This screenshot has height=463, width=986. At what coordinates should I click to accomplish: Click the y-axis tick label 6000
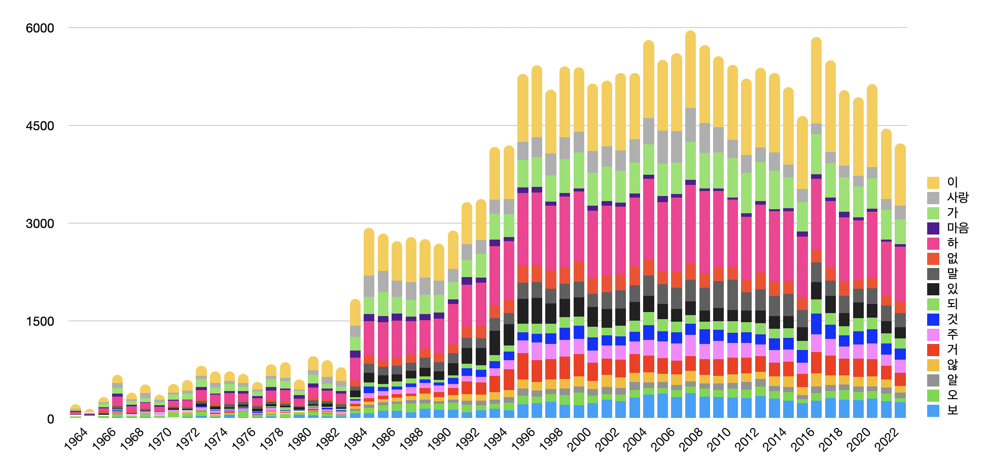click(x=40, y=28)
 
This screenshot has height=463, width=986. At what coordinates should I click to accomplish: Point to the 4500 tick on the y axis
click(x=40, y=126)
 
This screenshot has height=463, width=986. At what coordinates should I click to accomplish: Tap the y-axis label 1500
click(x=40, y=322)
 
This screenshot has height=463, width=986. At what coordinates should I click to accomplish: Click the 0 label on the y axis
click(x=50, y=419)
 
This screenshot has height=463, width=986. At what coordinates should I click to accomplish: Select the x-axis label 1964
click(x=76, y=439)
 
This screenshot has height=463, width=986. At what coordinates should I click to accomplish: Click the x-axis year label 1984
click(x=356, y=439)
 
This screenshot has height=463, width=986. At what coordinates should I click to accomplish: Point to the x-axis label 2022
click(x=887, y=439)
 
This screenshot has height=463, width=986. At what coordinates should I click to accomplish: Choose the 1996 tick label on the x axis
click(x=523, y=439)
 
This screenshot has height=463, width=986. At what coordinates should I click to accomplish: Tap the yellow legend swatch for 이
click(x=933, y=182)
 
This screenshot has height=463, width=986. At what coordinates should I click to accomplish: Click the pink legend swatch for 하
click(x=933, y=243)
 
